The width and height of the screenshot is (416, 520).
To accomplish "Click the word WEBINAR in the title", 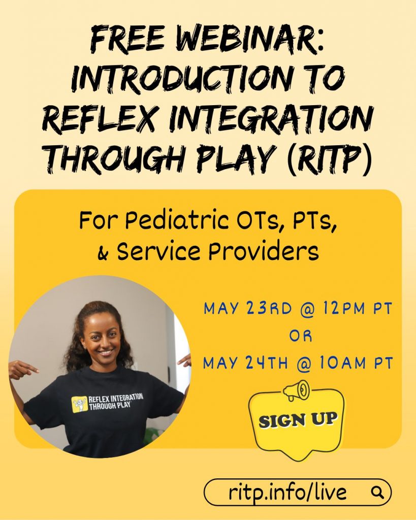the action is pos(248,41).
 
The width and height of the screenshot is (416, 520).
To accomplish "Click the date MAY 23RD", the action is pos(248,308).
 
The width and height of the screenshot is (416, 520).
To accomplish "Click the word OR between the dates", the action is pos(301,336).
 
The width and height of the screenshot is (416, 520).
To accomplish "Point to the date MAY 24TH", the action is pos(246,363).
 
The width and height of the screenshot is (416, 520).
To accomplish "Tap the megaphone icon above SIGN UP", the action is pos(296,391).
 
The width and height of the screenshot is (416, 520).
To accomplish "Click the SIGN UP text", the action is pos(298,420).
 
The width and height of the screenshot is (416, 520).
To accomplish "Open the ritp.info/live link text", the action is pos(287,492).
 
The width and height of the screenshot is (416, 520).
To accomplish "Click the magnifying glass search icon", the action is pos(377,492).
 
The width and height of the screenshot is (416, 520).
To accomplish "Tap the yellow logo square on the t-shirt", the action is pos(80,404).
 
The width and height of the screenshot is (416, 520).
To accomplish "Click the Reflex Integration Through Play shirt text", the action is pos(116,402).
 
